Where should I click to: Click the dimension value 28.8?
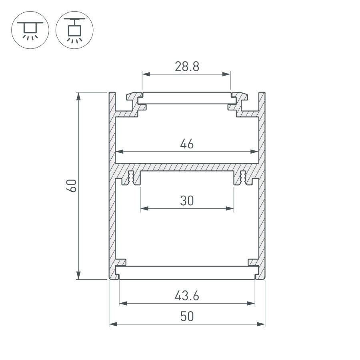187,66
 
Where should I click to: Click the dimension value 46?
187,144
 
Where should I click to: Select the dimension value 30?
187,200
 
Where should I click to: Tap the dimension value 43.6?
187,296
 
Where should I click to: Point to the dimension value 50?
187,316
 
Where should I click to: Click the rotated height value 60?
71,186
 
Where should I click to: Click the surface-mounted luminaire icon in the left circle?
30,30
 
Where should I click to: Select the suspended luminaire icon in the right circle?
74,30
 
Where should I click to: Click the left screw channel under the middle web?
131,177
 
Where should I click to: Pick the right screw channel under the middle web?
243,177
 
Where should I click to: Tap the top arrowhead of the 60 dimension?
79,96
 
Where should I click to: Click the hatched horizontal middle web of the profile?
187,166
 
